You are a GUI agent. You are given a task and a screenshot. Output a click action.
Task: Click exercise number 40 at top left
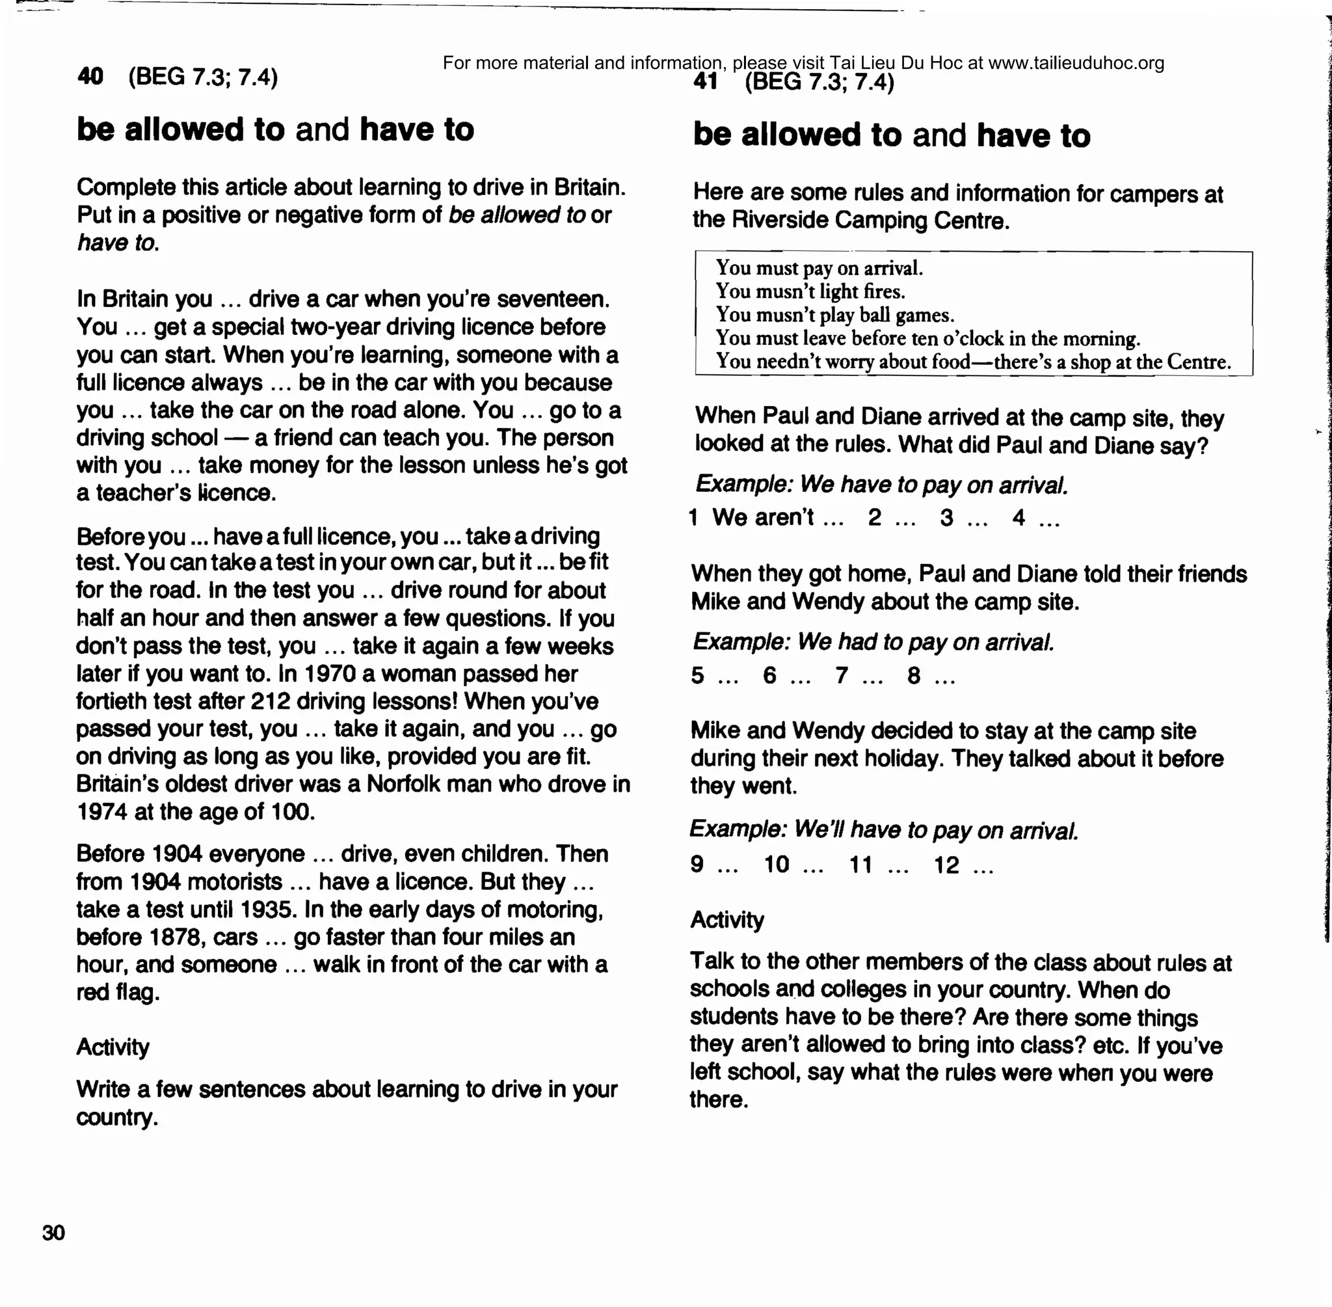pyautogui.click(x=90, y=75)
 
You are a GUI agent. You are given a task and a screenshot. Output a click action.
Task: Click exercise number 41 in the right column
pyautogui.click(x=706, y=82)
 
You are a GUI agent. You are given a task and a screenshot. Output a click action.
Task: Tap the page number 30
pyautogui.click(x=53, y=1233)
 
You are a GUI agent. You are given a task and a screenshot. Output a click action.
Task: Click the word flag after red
pyautogui.click(x=137, y=993)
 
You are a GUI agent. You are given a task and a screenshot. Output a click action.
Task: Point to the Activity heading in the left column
pyautogui.click(x=113, y=1047)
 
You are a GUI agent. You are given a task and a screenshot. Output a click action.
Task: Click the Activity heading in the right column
pyautogui.click(x=726, y=920)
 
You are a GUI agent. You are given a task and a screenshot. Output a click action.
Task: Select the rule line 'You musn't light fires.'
pyautogui.click(x=810, y=291)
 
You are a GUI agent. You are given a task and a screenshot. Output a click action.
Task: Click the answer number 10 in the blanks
pyautogui.click(x=776, y=864)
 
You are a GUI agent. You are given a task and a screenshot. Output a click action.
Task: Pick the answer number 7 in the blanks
pyautogui.click(x=842, y=675)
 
